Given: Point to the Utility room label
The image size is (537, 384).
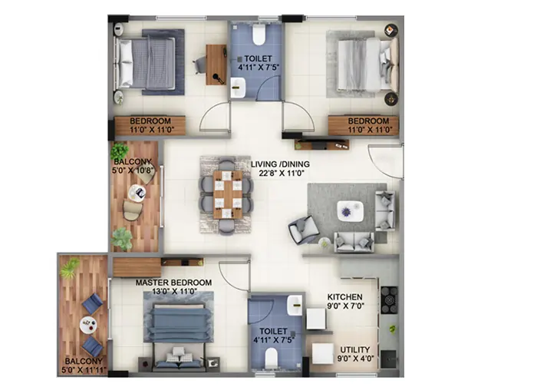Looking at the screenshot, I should [x=354, y=354].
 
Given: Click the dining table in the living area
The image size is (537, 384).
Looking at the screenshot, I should [x=227, y=194].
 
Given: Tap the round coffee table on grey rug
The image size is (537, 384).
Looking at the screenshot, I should [x=349, y=210].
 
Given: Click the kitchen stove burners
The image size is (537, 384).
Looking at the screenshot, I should [x=389, y=300].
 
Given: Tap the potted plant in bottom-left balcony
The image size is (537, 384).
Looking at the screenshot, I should [x=71, y=267].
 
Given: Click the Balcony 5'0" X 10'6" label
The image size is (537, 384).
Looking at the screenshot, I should [x=134, y=167].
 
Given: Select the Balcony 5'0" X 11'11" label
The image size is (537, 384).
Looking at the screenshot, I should [x=82, y=366].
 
